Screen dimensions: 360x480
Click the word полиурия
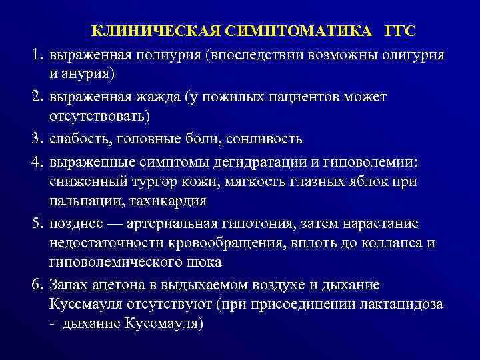click(170, 54)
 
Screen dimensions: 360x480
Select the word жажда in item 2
click(147, 97)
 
